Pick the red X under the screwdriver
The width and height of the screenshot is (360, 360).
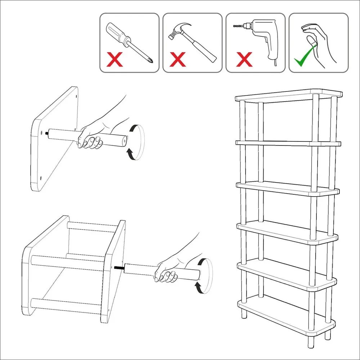[115, 60]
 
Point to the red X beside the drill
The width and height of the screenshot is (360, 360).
[244, 60]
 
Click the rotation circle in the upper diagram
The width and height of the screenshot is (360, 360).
[137, 142]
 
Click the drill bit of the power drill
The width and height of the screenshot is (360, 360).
[238, 27]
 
